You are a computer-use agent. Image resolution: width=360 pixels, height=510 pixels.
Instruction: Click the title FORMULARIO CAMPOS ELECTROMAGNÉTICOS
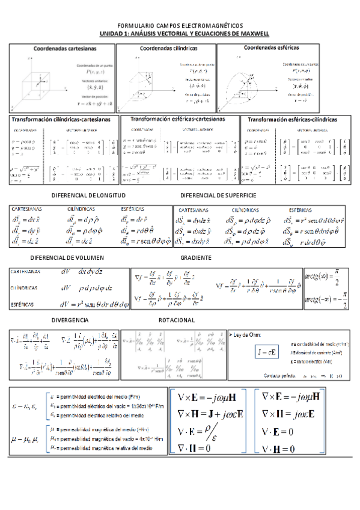point(180,26)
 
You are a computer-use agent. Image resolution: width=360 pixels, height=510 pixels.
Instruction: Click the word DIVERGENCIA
point(71,320)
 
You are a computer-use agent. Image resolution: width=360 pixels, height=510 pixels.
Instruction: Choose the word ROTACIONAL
point(177,320)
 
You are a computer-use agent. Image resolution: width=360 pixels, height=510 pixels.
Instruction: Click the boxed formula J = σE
point(265,351)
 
